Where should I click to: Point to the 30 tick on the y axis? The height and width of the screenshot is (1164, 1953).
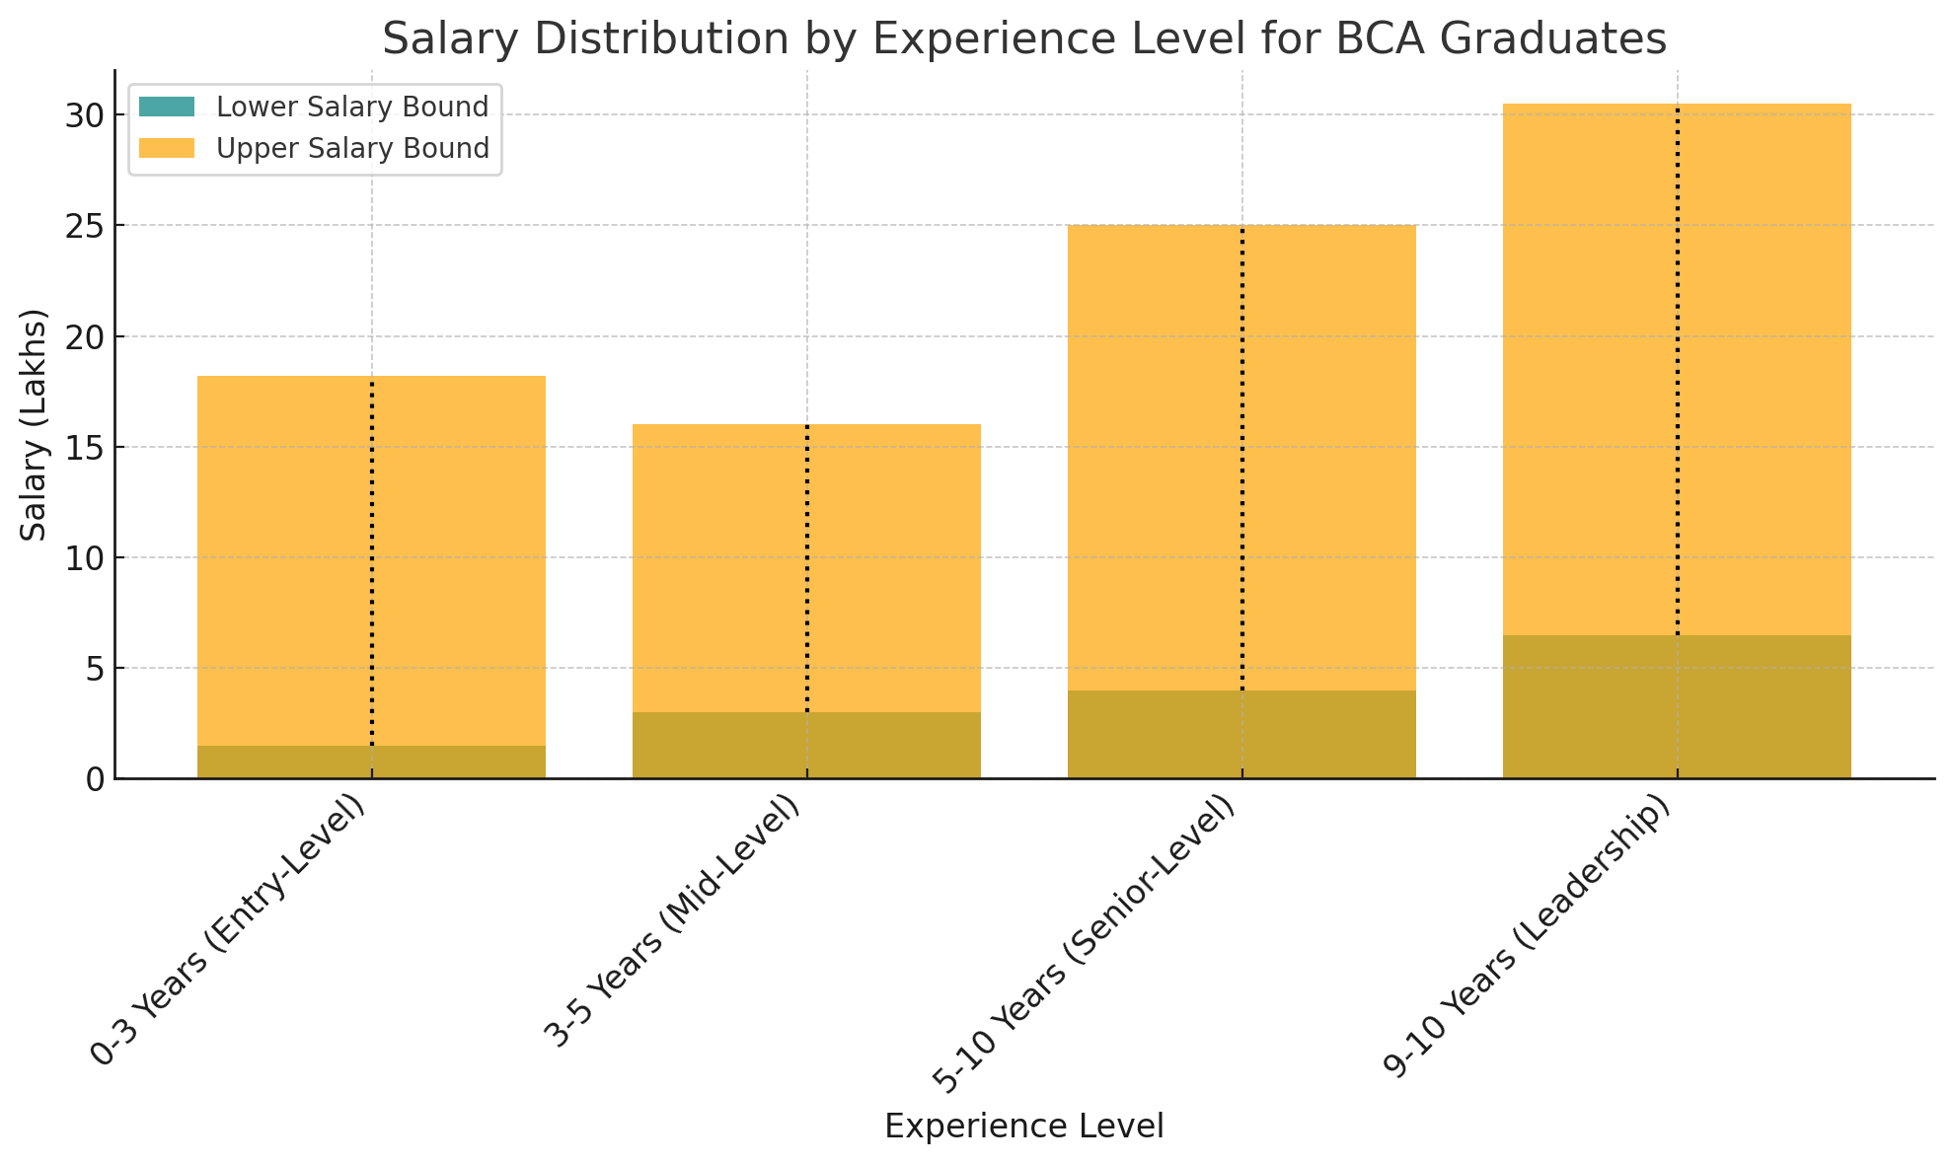click(84, 115)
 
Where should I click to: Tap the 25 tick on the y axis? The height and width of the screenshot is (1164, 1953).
click(84, 226)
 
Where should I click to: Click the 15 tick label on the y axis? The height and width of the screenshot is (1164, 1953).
click(84, 447)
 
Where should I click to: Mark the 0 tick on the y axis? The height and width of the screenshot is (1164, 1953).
click(95, 779)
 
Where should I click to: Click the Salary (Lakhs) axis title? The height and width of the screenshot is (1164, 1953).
click(35, 424)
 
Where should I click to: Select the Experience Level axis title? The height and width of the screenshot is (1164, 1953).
click(1023, 1127)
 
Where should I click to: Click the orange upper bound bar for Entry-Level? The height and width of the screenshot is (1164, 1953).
click(286, 552)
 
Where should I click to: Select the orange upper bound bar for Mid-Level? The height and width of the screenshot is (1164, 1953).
click(720, 562)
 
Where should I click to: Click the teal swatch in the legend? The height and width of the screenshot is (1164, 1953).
click(167, 107)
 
